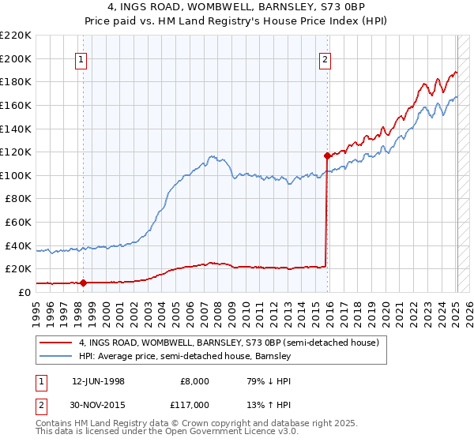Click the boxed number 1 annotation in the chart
83,58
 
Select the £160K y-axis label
17,105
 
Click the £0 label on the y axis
23,292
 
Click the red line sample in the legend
56,343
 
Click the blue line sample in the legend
56,357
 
